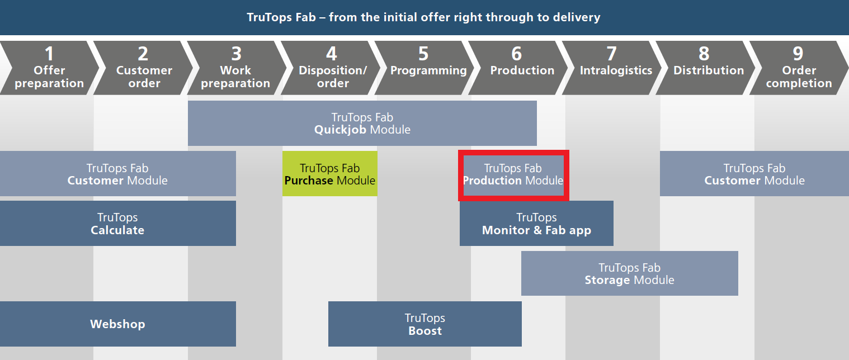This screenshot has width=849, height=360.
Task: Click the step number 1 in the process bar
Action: pos(49,54)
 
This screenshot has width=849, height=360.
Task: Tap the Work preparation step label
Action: pos(235,77)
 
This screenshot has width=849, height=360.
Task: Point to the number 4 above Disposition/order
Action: pos(332,54)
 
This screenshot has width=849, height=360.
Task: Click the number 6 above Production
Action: pos(517,54)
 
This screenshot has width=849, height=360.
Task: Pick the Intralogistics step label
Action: pos(616,70)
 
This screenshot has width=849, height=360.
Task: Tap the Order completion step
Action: pos(799,68)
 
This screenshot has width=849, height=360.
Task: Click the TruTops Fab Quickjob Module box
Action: pos(362,123)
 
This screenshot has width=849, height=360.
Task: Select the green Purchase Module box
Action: pos(330,173)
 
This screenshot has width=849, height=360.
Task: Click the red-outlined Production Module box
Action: pos(513,175)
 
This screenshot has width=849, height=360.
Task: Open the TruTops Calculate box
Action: pos(118,223)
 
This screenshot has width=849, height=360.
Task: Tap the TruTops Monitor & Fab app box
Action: pos(536,223)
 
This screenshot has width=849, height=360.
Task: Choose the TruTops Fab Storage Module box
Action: pos(630,273)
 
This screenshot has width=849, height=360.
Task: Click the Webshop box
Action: pos(118,324)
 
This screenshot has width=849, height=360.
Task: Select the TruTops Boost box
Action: pos(425,324)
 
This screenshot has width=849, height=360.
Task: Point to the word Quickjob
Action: pos(340,130)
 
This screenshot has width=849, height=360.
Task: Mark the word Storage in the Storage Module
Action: pos(607,281)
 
